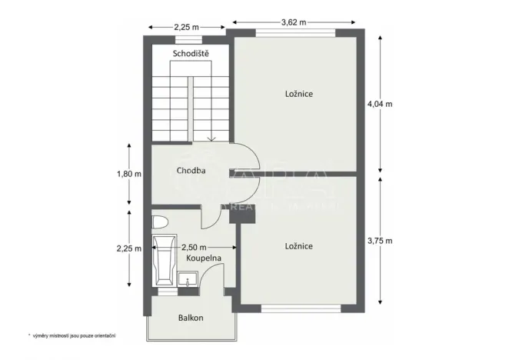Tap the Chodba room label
coord(190,171)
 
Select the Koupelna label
coord(204,259)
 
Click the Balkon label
coord(191,317)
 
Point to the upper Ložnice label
coord(298,94)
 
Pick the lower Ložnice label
coord(298,246)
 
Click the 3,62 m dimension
coord(294,22)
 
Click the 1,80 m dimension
coord(129,174)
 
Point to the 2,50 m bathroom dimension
coord(193,247)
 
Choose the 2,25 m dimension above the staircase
coord(186,27)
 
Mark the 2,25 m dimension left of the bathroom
coord(129,248)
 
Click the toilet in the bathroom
coord(159,223)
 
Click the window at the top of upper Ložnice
coord(295,33)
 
